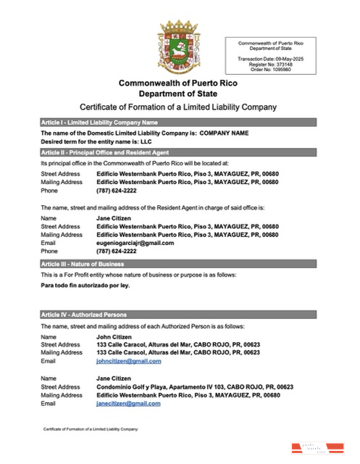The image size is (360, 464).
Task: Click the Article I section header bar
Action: coord(178,123)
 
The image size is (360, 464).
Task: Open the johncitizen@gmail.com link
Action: coord(128,361)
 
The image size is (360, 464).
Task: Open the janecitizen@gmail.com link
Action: coord(128,403)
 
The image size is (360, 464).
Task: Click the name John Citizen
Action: coord(112,337)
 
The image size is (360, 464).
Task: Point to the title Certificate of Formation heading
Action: coord(178,107)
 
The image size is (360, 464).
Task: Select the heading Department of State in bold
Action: coord(177,94)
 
